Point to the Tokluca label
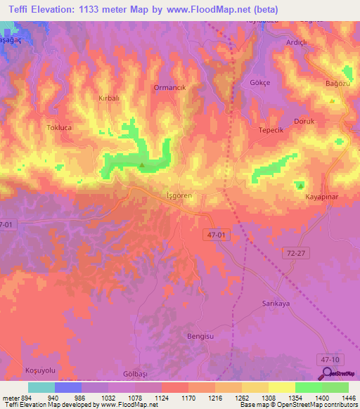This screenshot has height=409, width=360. tap(60, 129)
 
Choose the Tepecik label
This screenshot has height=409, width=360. tap(271, 130)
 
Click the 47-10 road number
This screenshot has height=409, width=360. tap(328, 358)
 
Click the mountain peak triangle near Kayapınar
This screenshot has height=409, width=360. tap(300, 186)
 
